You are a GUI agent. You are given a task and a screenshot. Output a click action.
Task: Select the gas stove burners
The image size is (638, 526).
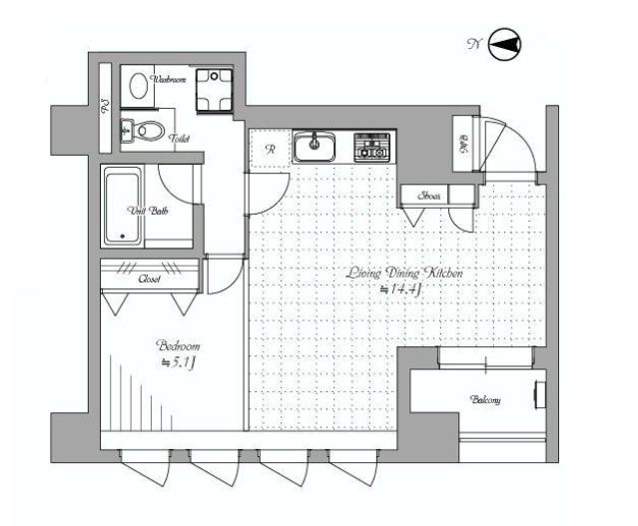tap(373, 148)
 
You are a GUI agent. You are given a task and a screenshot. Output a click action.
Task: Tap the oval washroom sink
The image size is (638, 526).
tap(138, 88)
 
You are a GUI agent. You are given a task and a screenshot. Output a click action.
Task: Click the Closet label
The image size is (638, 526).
tap(149, 279)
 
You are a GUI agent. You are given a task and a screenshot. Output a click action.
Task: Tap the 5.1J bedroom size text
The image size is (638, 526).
tap(177, 362)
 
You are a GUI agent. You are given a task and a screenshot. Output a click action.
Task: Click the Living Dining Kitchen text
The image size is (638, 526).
tap(405, 271)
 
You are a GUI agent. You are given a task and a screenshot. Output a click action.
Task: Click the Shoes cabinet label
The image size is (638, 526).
tap(431, 196)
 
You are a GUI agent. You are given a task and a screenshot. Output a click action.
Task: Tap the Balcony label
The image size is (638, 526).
tap(485, 400)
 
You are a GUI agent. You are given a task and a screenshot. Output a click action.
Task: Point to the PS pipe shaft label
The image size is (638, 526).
tap(106, 108)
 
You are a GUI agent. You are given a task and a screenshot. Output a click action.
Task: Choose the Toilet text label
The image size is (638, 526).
tap(180, 141)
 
